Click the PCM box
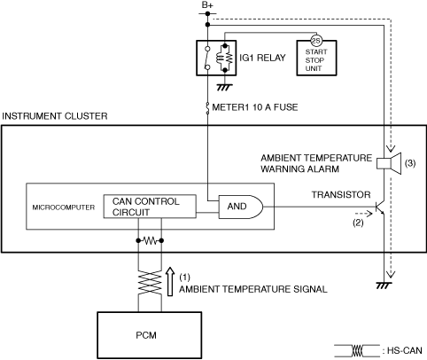point(150,335)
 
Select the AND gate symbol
point(240,207)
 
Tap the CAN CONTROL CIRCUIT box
point(150,207)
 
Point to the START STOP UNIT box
point(316,58)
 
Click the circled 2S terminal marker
point(316,41)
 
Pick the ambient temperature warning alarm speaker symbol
point(389,163)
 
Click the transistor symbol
point(380,207)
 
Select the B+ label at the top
point(207,5)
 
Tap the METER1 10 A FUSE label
point(255,107)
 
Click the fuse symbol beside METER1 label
point(207,108)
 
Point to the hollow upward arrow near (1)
point(170,281)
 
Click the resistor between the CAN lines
point(150,241)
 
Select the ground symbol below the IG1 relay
point(225,87)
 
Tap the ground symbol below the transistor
point(384,286)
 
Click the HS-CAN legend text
point(405,350)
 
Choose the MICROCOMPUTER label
point(64,207)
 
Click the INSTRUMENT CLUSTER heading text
point(55,116)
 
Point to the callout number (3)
point(410,163)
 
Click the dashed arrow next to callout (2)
point(363,213)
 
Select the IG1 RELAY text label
point(262,58)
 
